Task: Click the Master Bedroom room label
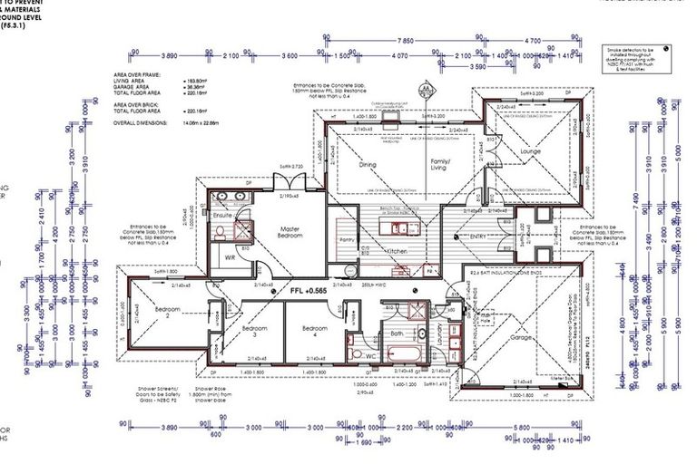coord(290,231)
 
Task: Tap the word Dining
coord(367,165)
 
